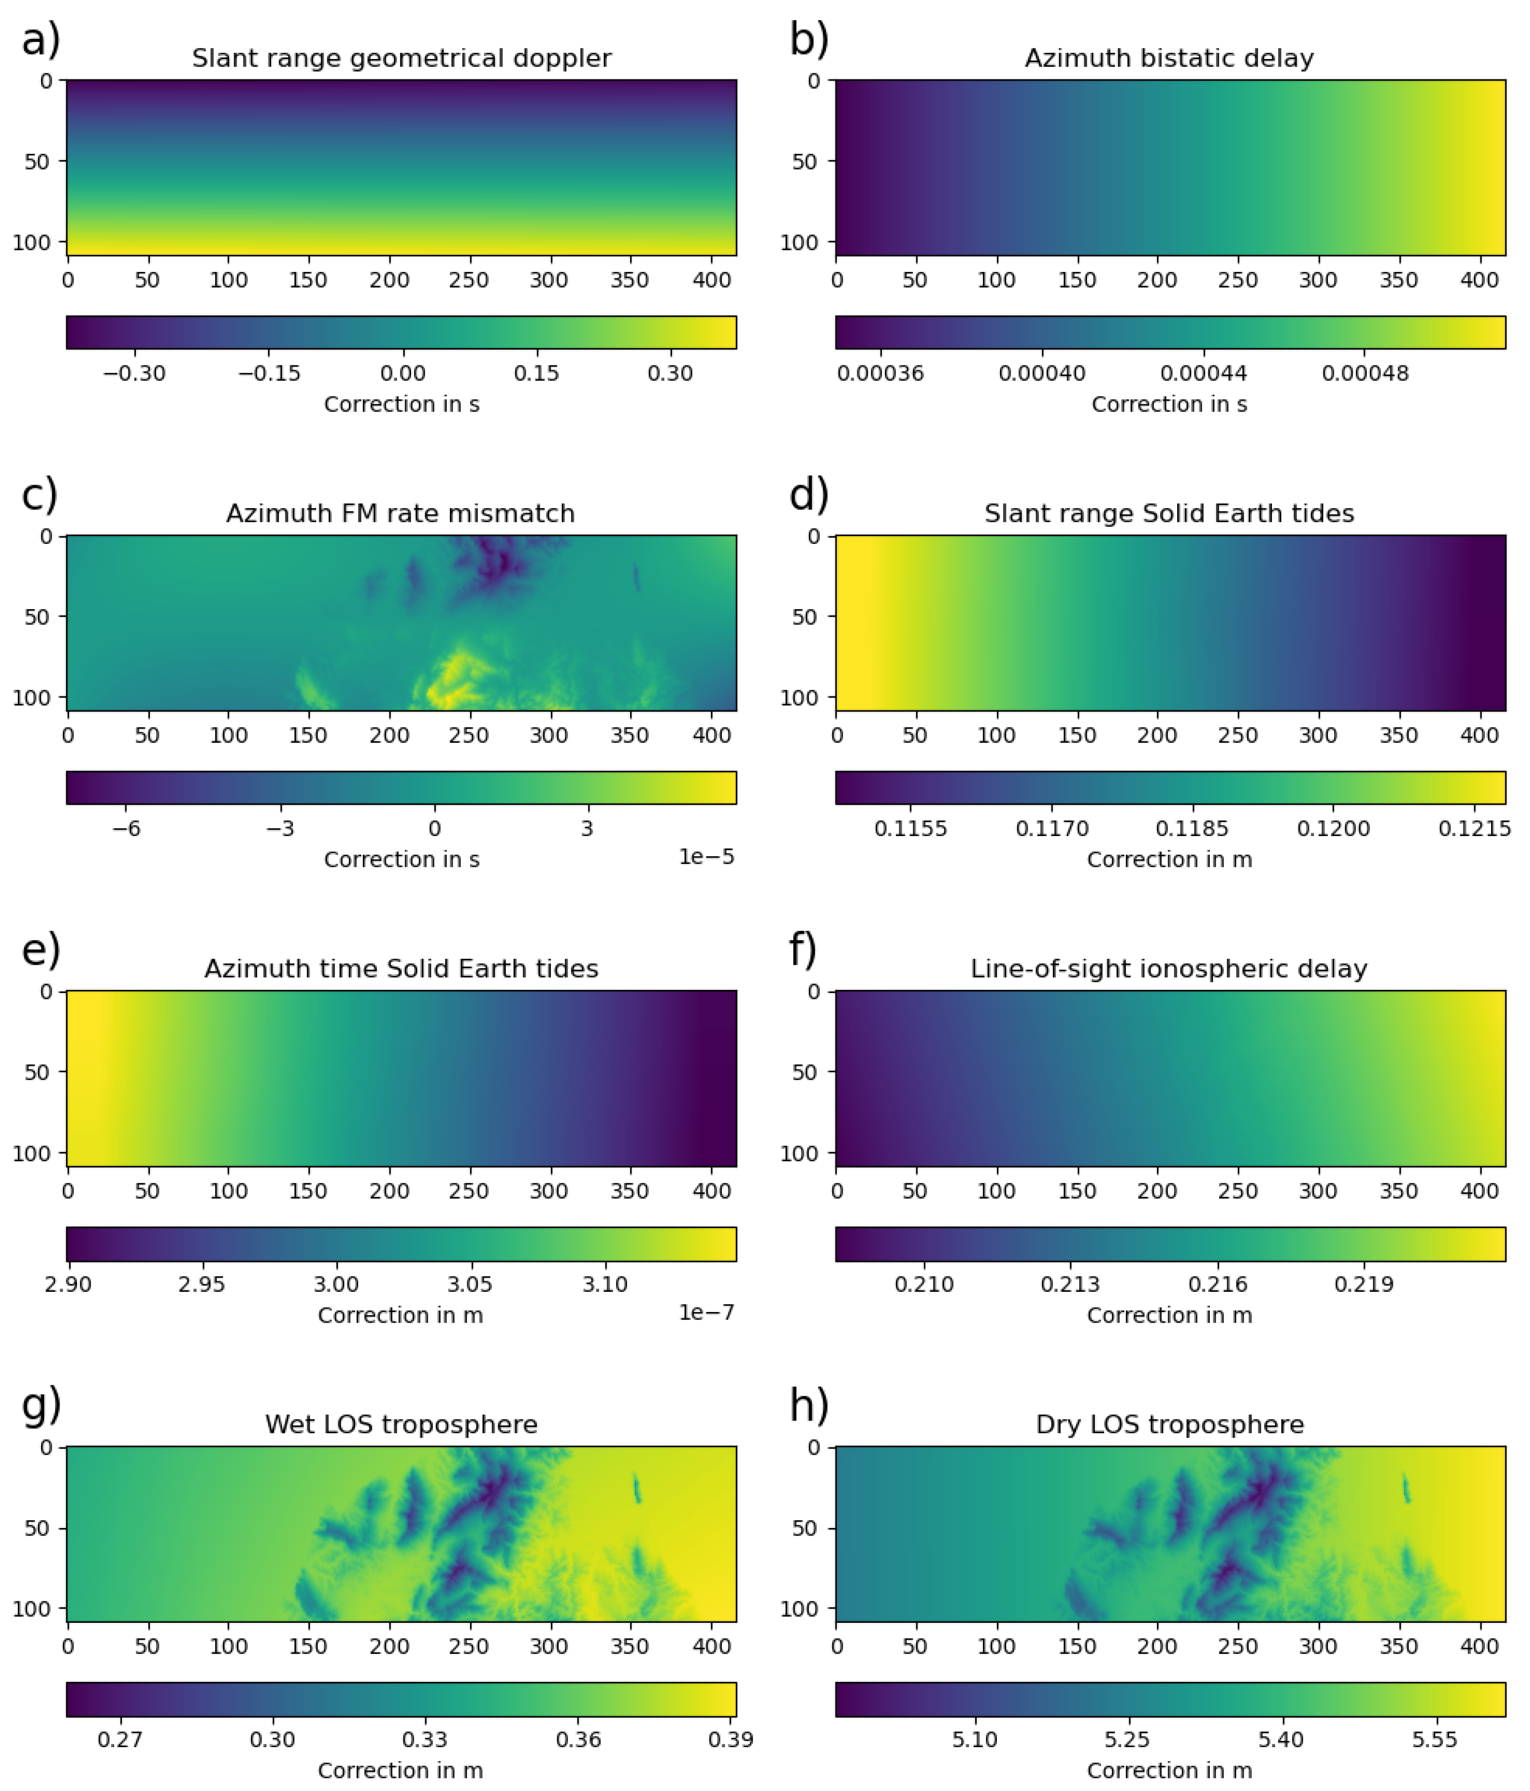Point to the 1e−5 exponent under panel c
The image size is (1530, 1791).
(x=706, y=857)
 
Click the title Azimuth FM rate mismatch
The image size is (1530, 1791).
(x=400, y=514)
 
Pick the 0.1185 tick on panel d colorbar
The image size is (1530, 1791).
(x=1192, y=828)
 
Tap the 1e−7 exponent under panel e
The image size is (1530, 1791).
(x=706, y=1312)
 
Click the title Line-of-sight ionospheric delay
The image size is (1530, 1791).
(x=1169, y=969)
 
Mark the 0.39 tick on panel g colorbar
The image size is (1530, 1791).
(x=730, y=1739)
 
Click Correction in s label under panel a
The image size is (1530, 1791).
(x=401, y=404)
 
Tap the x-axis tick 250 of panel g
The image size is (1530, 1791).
(x=469, y=1647)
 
